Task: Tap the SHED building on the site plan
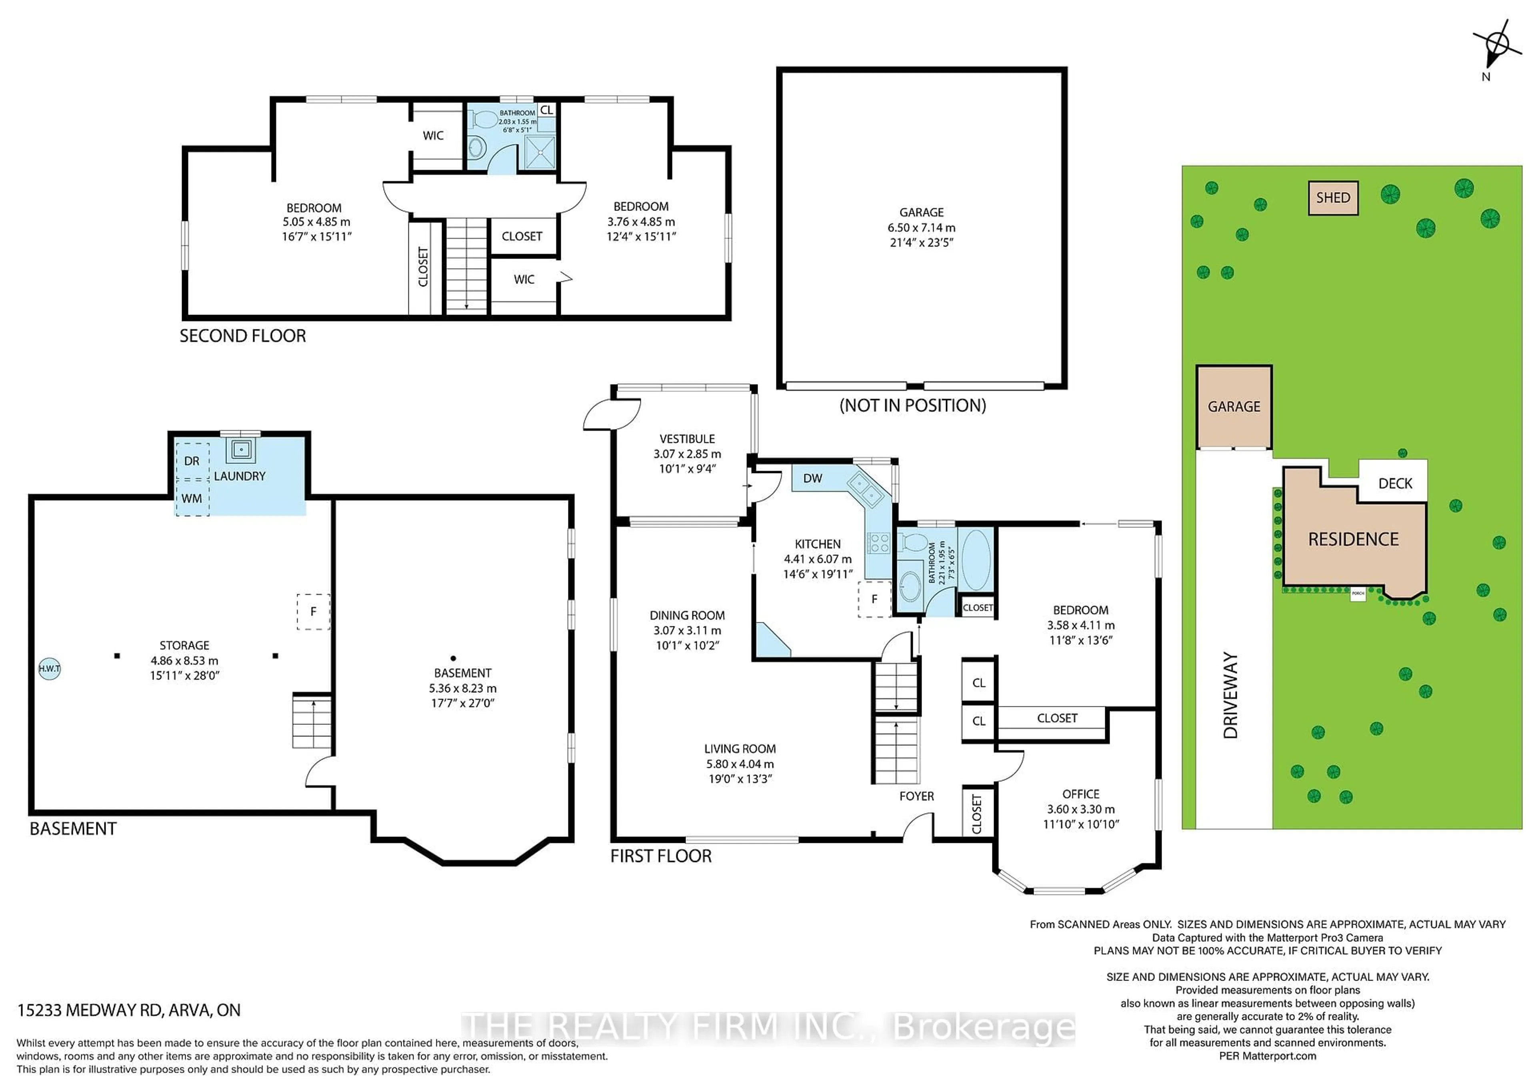tap(1333, 198)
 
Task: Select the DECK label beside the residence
tap(1395, 483)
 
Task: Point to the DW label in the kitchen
tap(812, 478)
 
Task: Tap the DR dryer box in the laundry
tap(192, 461)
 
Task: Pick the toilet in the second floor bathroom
tap(484, 120)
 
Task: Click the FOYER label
tap(916, 796)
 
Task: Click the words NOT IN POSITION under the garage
tap(912, 405)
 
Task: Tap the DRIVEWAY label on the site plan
tap(1231, 696)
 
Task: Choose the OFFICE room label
tap(1080, 794)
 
